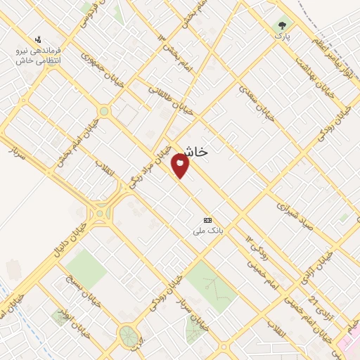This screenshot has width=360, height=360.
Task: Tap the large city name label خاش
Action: (193, 151)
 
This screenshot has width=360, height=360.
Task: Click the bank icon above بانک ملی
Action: (207, 220)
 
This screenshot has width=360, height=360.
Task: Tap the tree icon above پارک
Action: (284, 22)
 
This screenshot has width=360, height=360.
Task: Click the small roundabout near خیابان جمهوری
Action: (104, 111)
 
